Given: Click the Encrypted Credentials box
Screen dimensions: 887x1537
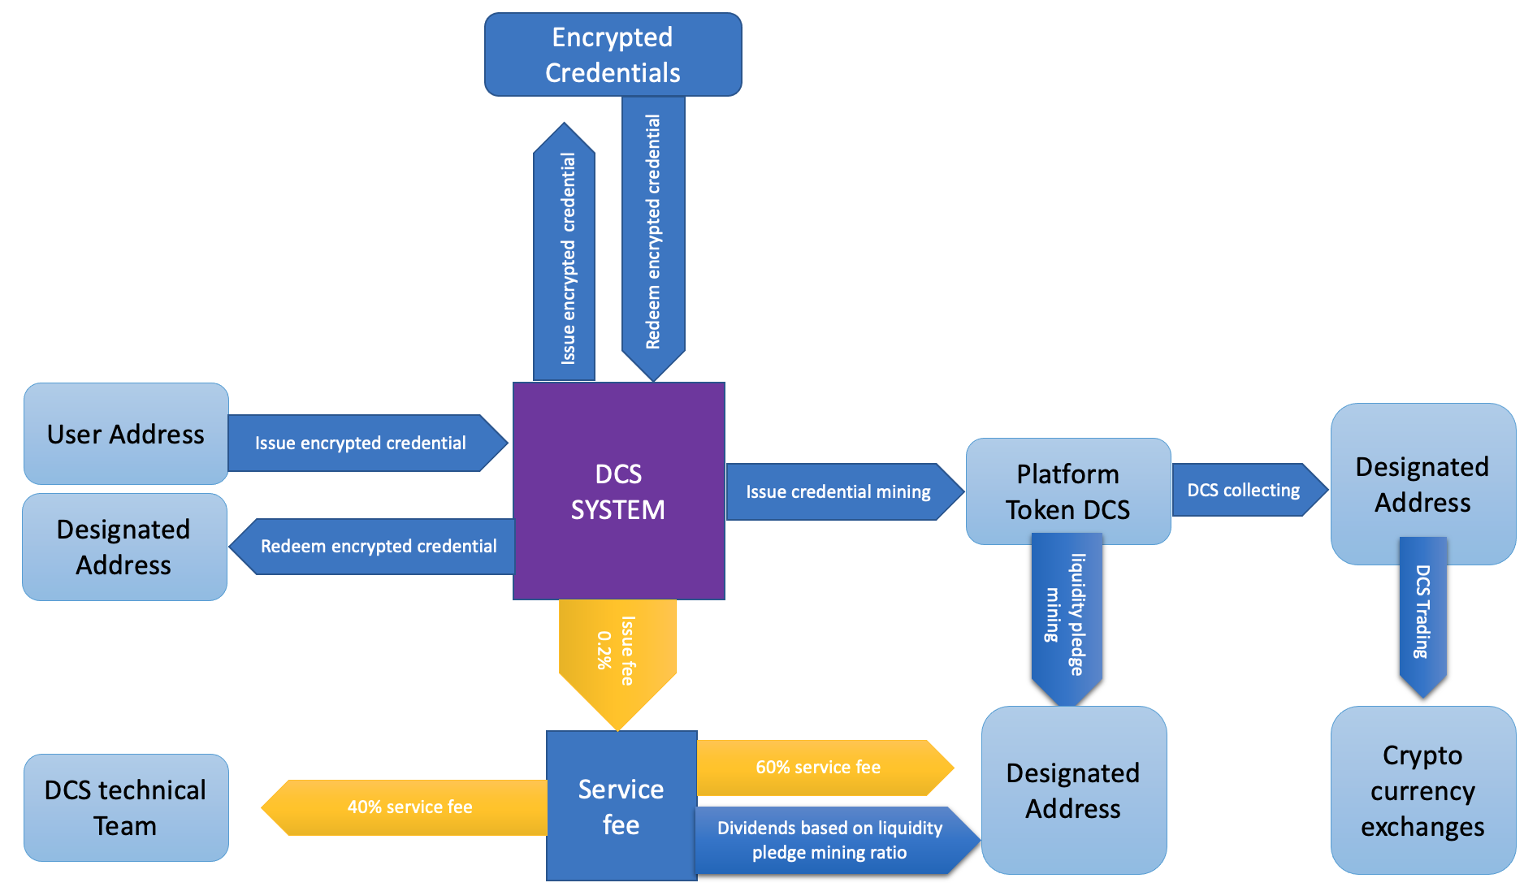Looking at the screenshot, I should tap(613, 54).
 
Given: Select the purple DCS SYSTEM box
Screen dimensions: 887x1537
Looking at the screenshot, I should tap(618, 491).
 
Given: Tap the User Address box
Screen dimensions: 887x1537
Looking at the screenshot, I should tap(126, 434).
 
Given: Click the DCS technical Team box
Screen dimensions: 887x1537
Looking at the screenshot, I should tap(126, 807).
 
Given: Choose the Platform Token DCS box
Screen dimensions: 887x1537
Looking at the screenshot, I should tap(1067, 491).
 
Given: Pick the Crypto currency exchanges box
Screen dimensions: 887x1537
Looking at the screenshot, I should tap(1422, 790).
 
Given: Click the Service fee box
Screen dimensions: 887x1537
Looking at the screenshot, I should tap(621, 806).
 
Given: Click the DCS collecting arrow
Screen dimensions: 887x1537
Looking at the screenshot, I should tap(1245, 490).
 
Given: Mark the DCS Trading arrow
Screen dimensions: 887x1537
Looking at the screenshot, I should tap(1422, 613).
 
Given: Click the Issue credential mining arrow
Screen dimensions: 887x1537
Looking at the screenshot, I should tap(839, 491).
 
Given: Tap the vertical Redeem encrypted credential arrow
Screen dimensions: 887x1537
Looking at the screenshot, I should tap(653, 232).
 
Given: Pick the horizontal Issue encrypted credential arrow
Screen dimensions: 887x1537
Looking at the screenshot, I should tap(362, 443).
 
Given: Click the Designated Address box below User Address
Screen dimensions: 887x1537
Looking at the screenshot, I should tap(124, 547).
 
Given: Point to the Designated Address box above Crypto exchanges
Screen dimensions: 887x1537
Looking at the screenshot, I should tap(1422, 484).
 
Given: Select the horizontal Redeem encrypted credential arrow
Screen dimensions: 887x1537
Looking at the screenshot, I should tap(378, 547).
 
